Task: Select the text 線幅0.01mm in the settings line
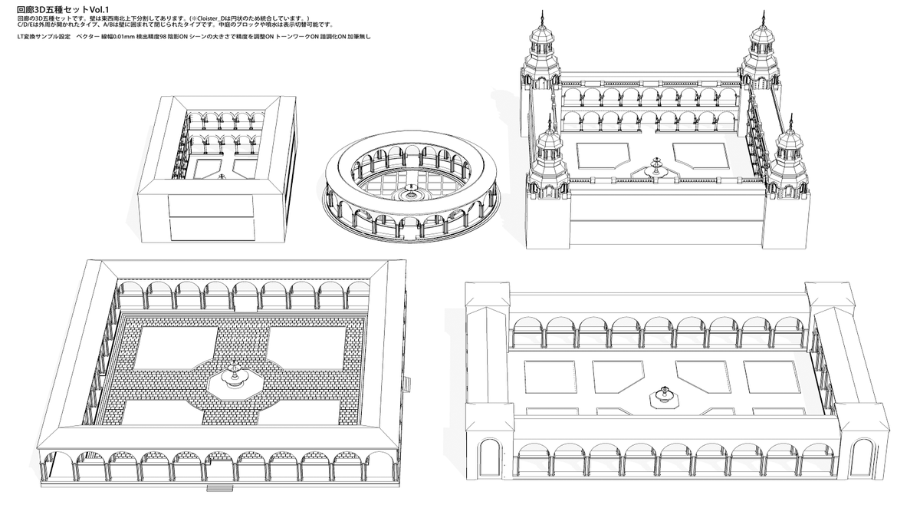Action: click(x=113, y=36)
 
